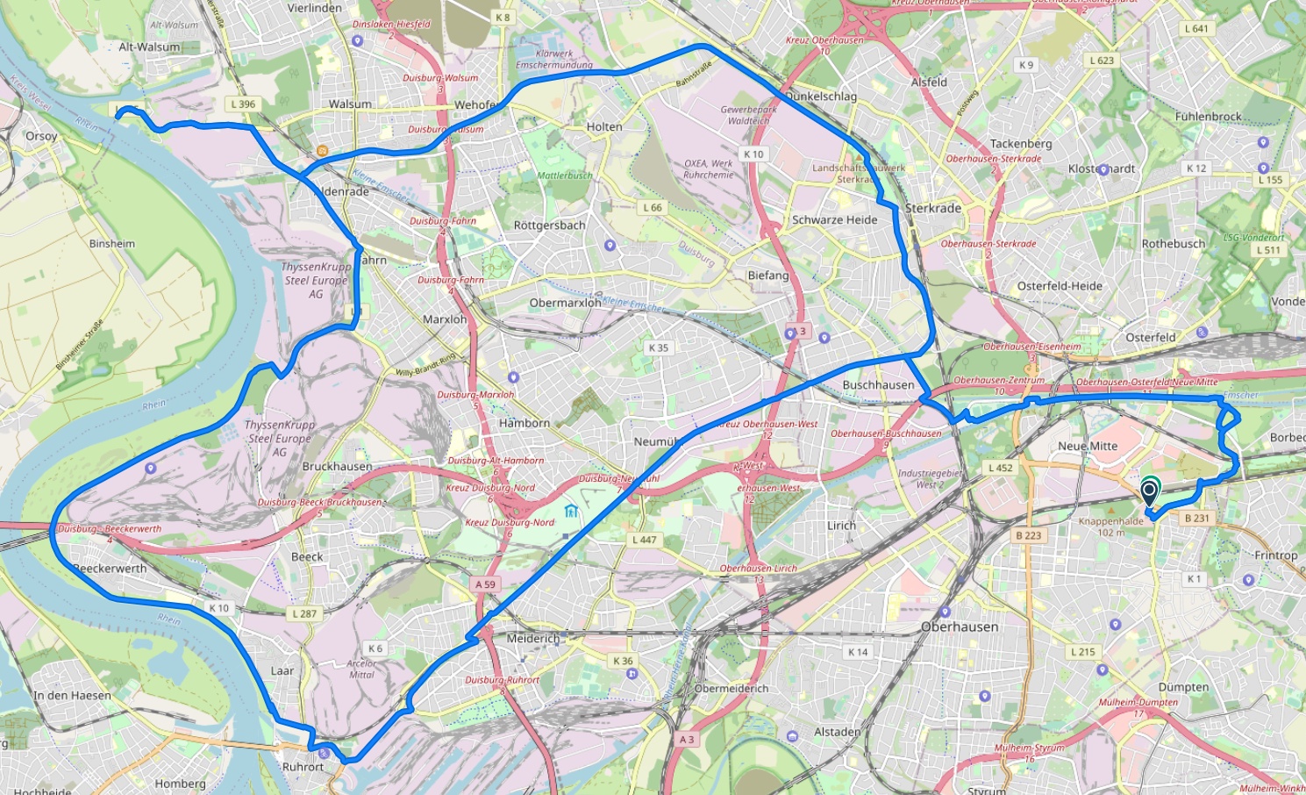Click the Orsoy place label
pyautogui.click(x=41, y=136)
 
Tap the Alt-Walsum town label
pyautogui.click(x=149, y=47)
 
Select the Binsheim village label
pyautogui.click(x=112, y=243)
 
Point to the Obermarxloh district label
pyautogui.click(x=565, y=303)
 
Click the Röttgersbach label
pyautogui.click(x=549, y=226)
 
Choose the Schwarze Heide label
pyautogui.click(x=834, y=220)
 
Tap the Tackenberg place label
pyautogui.click(x=1020, y=143)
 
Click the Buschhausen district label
pyautogui.click(x=878, y=384)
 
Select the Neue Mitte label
pyautogui.click(x=1088, y=446)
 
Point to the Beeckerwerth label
pyautogui.click(x=111, y=569)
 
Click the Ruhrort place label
pyautogui.click(x=303, y=766)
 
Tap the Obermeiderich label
pyautogui.click(x=731, y=689)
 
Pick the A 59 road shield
pyautogui.click(x=485, y=584)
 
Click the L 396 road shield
pyautogui.click(x=243, y=104)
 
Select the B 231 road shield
pyautogui.click(x=1196, y=518)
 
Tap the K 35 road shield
pyautogui.click(x=658, y=347)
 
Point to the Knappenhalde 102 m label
pyautogui.click(x=1110, y=526)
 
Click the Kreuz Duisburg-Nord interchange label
pyautogui.click(x=510, y=523)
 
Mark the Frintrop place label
pyautogui.click(x=1275, y=555)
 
